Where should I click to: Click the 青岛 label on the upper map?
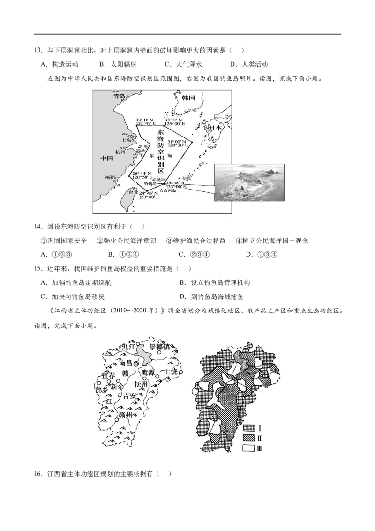(120, 96)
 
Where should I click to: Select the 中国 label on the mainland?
(107, 158)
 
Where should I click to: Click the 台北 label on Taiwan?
(134, 192)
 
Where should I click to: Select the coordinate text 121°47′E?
(145, 124)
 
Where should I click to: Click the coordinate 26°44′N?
(141, 174)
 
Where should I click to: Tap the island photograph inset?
(249, 182)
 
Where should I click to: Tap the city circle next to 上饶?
(180, 372)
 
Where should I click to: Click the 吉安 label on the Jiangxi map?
(129, 396)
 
